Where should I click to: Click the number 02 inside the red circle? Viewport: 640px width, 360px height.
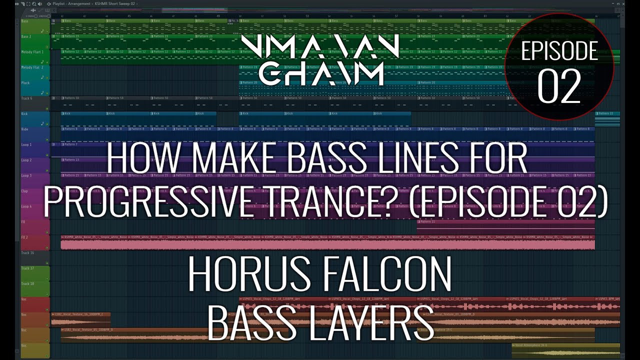(x=559, y=86)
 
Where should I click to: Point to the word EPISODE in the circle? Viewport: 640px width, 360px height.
(x=559, y=51)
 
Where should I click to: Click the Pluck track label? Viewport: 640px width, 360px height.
(x=25, y=83)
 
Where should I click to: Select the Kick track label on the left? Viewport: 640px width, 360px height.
(x=24, y=114)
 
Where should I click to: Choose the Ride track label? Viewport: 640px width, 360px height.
(x=24, y=129)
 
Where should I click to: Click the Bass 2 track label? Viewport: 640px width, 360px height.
(x=26, y=36)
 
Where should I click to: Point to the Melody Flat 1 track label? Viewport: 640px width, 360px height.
(x=32, y=52)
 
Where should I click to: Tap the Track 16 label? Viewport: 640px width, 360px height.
(x=27, y=253)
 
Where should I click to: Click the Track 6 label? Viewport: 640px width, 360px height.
(x=26, y=98)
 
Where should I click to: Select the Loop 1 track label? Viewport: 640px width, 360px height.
(x=26, y=145)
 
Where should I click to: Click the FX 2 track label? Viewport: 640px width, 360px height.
(x=25, y=237)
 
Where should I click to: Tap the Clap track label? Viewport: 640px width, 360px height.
(x=24, y=191)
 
